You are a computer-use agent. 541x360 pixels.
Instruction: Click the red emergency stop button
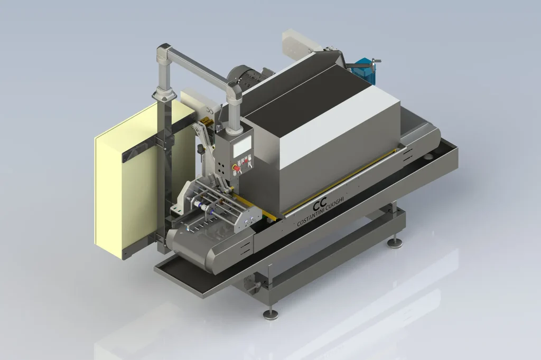tap(237, 168)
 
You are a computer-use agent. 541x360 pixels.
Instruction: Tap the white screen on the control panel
tap(242, 146)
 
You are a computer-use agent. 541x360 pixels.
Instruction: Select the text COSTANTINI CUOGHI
tap(321, 213)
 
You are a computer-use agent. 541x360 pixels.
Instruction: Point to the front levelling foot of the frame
tap(271, 314)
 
